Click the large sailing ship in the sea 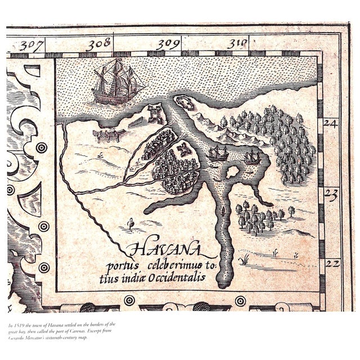click(x=116, y=83)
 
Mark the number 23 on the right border click(x=331, y=194)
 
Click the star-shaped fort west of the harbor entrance click(x=154, y=115)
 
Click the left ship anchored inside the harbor click(x=218, y=152)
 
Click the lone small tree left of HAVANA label click(x=131, y=224)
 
